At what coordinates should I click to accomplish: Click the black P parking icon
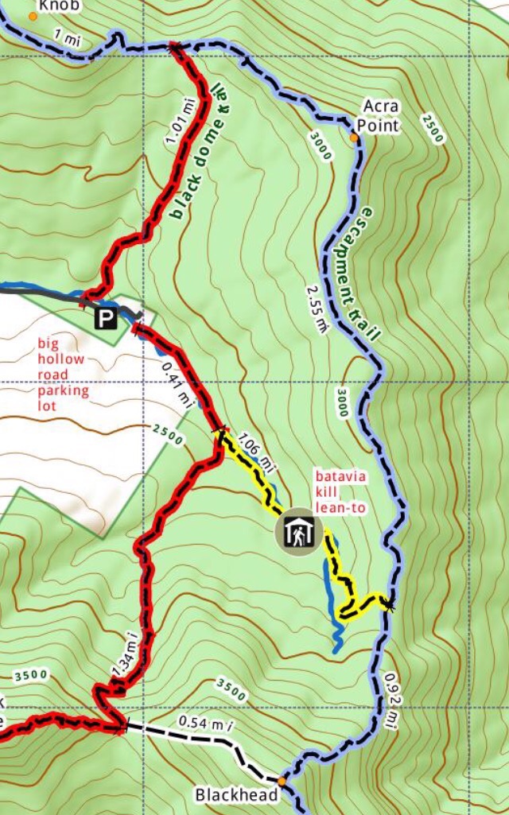(x=105, y=319)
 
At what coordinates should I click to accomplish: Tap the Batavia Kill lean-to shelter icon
(x=297, y=533)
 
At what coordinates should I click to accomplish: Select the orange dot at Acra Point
(x=354, y=138)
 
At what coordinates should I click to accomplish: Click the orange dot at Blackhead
(x=281, y=781)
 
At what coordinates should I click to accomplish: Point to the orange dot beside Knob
(x=33, y=16)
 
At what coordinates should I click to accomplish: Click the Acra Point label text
(x=378, y=116)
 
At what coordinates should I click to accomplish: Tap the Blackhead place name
(x=235, y=794)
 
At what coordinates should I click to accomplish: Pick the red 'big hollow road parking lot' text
(x=63, y=375)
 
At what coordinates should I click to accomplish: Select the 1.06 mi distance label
(x=256, y=452)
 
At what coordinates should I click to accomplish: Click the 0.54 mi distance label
(x=205, y=722)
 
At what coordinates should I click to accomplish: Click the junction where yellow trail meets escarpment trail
(x=387, y=603)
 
